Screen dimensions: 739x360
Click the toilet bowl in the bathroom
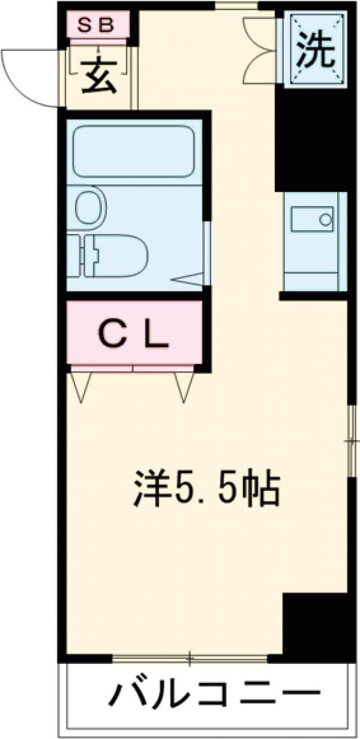[x=115, y=255]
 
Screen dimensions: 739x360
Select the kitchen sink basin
[x=312, y=219]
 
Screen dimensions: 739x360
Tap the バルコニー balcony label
[x=214, y=697]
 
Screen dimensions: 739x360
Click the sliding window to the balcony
[x=190, y=659]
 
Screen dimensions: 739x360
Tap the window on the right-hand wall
[x=351, y=441]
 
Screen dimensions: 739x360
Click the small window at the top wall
[x=236, y=6]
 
